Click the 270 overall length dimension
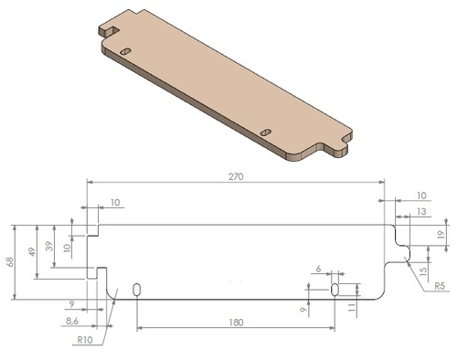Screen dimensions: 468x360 (236, 176)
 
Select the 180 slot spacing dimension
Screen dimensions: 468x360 (236, 323)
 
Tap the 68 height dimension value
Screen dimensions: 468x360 (10, 262)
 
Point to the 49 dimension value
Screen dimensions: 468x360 (32, 252)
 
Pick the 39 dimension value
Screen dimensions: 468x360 (49, 246)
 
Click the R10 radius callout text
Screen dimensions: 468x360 (85, 340)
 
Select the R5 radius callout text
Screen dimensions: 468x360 (440, 286)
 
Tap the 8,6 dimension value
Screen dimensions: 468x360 (72, 321)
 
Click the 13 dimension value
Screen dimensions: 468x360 (421, 211)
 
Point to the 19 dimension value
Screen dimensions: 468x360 (441, 235)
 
